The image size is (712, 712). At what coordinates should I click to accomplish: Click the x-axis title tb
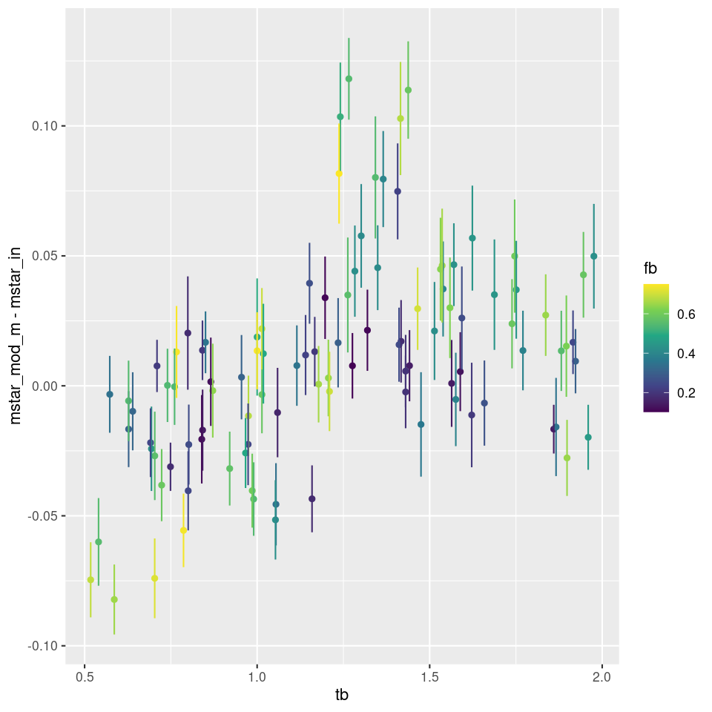[342, 695]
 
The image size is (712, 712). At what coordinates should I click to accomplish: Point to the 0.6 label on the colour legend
[685, 314]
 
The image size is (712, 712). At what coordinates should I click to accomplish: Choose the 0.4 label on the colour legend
[685, 354]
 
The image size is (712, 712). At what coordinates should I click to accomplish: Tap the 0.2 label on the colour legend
[685, 393]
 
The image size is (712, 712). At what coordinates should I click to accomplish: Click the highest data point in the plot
[349, 79]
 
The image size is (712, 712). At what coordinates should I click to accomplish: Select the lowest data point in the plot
[114, 599]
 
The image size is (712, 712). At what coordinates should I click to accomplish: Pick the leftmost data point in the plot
[90, 580]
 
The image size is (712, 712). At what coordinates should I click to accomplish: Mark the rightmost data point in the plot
[593, 256]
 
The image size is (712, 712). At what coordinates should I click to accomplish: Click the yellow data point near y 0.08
[339, 174]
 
